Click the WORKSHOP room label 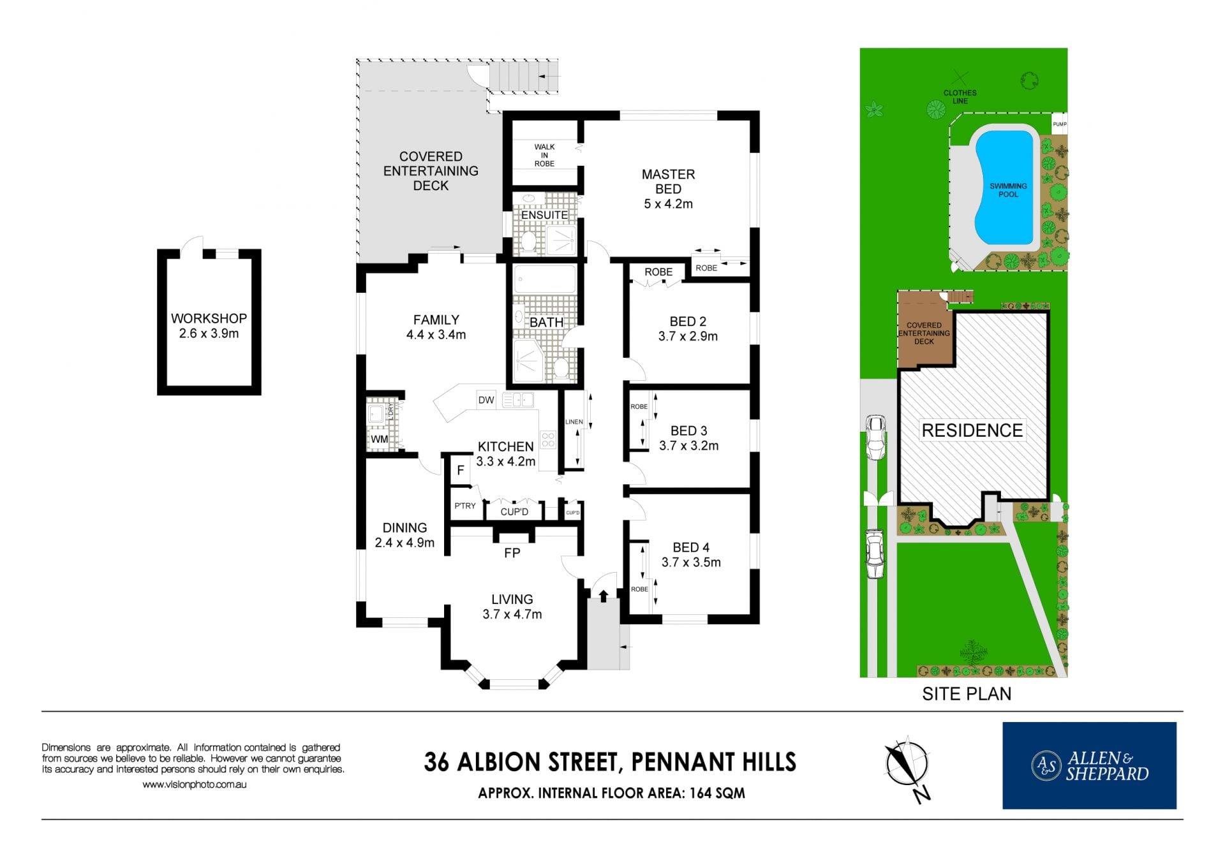point(209,318)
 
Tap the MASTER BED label point(668,182)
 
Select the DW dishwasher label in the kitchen point(486,400)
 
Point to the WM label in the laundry point(380,439)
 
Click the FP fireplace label point(512,553)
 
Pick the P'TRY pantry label point(465,506)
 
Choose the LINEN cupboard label point(574,422)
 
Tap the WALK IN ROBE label point(544,155)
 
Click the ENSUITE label point(544,215)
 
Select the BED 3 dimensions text point(689,446)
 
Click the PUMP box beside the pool point(1059,124)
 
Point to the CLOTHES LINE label point(960,97)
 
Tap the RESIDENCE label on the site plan point(972,430)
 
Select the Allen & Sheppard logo point(1089,765)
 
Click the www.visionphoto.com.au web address point(195,785)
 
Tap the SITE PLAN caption point(967,694)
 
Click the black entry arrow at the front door point(604,596)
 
